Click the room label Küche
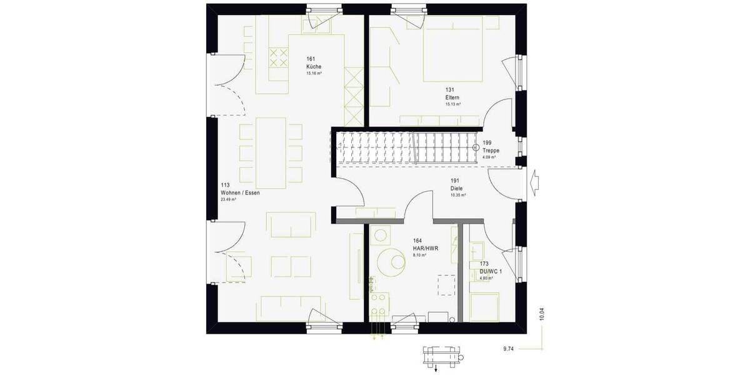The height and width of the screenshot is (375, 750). point(313,66)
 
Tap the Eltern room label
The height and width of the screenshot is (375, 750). point(452,97)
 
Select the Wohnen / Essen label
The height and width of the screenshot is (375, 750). point(240,193)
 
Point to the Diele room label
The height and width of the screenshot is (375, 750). point(457,187)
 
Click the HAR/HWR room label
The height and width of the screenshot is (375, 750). point(425,248)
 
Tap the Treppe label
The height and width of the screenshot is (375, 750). point(491,151)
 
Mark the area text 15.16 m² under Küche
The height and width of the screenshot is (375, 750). point(314,73)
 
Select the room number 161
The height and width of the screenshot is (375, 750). point(310,59)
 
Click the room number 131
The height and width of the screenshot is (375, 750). point(449,90)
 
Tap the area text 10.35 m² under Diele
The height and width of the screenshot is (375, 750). point(458,195)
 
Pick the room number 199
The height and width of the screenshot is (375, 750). point(487,143)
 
